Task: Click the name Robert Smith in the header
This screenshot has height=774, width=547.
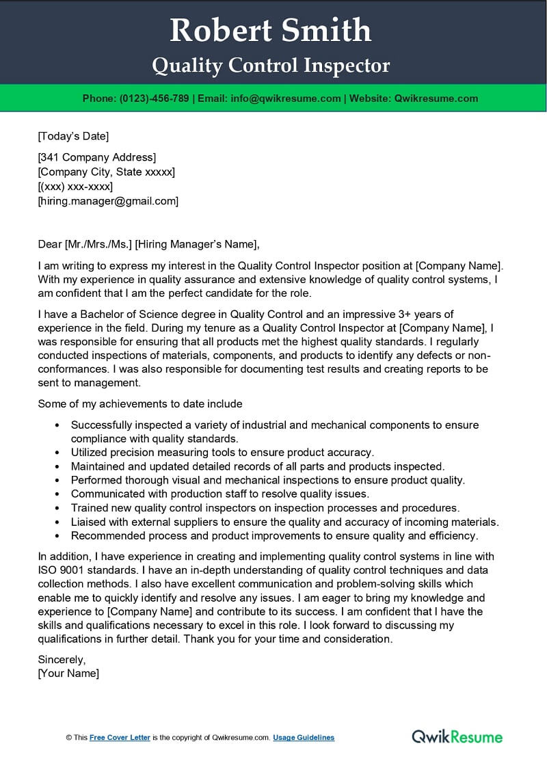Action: tap(271, 31)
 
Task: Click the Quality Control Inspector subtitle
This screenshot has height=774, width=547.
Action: tap(271, 66)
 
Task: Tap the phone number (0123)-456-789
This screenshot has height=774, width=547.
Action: tap(154, 98)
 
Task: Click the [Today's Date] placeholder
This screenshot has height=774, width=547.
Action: tap(73, 136)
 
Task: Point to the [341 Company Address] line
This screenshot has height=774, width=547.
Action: tap(96, 157)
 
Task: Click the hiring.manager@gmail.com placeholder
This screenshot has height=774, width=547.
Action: tap(108, 201)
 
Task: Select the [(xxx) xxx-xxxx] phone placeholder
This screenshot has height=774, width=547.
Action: tap(75, 186)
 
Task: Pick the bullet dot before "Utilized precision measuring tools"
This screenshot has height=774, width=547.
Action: tap(56, 453)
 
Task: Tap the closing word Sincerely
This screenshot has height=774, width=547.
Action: tap(62, 660)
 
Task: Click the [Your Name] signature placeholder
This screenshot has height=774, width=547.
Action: tap(68, 673)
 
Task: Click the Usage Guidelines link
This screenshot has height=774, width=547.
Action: tap(304, 738)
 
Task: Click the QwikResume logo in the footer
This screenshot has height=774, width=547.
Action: tap(457, 736)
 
